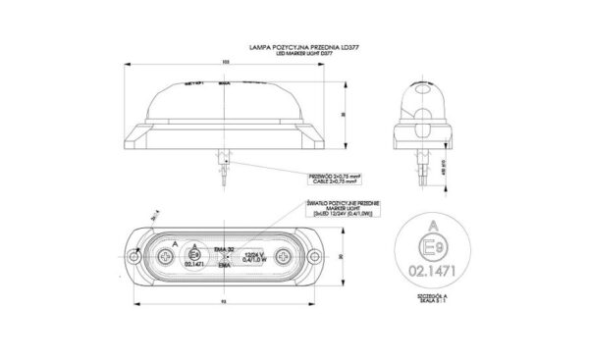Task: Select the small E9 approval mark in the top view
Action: pos(196,253)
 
